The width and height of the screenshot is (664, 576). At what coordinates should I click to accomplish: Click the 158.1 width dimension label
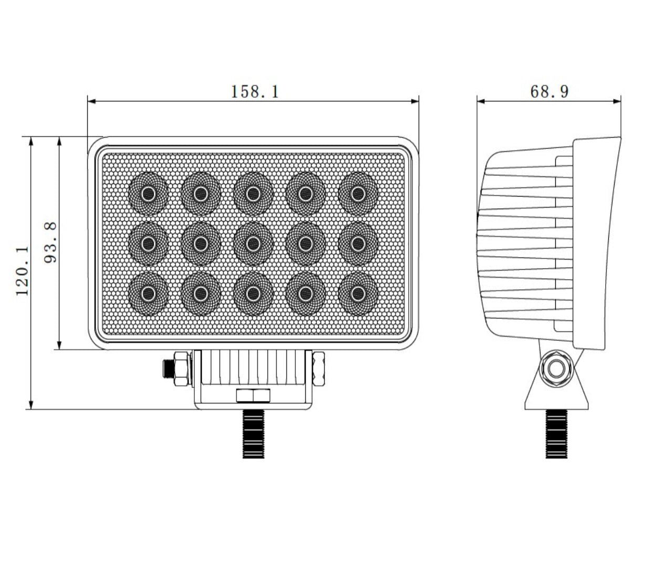point(255,91)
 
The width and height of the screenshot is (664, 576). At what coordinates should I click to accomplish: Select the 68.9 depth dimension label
point(549,91)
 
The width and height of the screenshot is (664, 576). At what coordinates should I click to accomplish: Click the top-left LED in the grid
point(148,193)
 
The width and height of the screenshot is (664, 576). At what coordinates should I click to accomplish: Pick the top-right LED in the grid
point(358,193)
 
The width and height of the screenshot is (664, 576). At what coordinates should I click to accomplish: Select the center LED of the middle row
point(253,243)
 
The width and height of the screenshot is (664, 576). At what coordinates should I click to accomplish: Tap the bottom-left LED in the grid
point(148,293)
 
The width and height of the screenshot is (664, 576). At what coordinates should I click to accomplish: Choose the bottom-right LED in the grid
point(358,293)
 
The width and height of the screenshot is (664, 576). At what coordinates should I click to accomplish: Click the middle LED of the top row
point(253,193)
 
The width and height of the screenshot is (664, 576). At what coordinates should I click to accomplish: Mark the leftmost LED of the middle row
point(148,243)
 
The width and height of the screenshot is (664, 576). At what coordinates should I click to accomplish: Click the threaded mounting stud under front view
point(254,434)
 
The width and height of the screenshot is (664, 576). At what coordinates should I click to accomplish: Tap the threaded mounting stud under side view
point(556,434)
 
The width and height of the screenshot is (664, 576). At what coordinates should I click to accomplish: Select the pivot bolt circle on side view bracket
point(556,369)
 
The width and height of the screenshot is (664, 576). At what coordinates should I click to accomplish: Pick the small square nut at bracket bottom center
point(253,395)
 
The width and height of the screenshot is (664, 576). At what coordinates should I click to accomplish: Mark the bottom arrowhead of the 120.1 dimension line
point(31,405)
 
